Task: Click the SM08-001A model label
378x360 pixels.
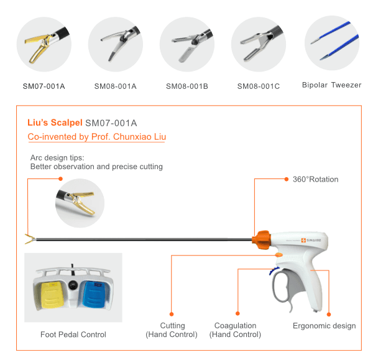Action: (115, 86)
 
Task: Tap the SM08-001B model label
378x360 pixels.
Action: (187, 86)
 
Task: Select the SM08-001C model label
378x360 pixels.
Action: (259, 86)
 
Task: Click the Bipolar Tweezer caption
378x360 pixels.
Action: (332, 85)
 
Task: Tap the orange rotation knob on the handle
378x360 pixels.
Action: (261, 239)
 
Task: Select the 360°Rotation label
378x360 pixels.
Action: (315, 179)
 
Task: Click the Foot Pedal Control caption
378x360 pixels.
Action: (73, 335)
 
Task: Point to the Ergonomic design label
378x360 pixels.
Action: (325, 326)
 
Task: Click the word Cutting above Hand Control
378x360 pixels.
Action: (173, 326)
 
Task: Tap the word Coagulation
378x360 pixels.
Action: (235, 326)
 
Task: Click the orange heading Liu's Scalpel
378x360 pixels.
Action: (55, 122)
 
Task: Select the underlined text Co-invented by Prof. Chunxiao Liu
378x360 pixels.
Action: (96, 137)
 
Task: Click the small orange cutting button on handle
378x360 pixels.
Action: (279, 255)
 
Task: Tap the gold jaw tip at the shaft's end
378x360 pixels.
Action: (29, 239)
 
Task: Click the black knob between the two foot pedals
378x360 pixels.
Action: (73, 285)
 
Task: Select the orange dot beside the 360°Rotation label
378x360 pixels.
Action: (287, 179)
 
